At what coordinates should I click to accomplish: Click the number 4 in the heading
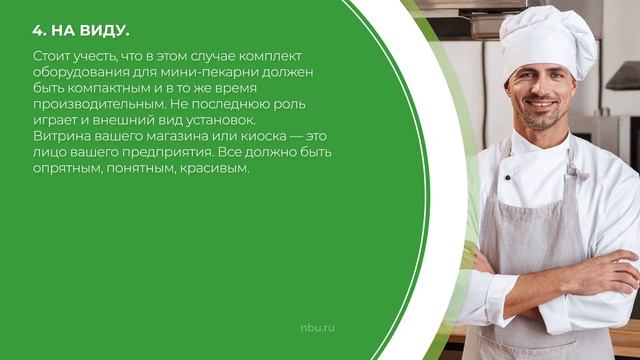point(37,30)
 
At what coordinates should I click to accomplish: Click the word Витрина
point(63,136)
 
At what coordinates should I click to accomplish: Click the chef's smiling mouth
point(540,106)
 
